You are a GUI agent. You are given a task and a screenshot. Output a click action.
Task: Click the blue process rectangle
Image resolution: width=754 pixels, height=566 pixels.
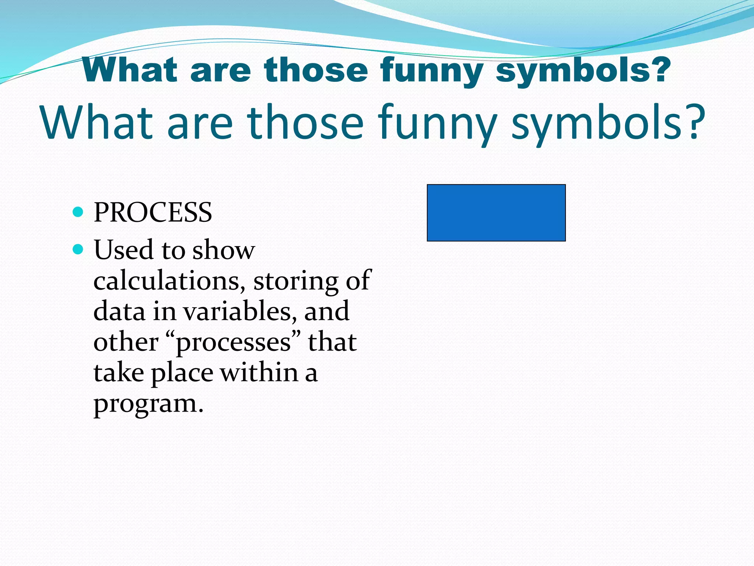pyautogui.click(x=496, y=213)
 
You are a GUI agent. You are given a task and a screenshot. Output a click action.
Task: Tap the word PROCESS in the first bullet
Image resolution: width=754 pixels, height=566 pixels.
pyautogui.click(x=153, y=213)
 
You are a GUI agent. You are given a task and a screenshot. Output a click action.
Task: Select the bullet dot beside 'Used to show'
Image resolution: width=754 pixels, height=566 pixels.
pyautogui.click(x=78, y=249)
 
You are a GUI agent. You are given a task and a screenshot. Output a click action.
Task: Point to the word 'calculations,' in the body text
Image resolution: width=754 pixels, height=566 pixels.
pyautogui.click(x=169, y=281)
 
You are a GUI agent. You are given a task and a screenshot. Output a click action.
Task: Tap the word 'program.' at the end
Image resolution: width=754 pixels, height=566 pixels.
pyautogui.click(x=148, y=405)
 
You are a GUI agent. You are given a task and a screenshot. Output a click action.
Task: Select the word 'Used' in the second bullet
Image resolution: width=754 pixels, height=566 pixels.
pyautogui.click(x=123, y=250)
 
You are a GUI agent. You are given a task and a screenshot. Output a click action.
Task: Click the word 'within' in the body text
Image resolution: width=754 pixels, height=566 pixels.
pyautogui.click(x=259, y=373)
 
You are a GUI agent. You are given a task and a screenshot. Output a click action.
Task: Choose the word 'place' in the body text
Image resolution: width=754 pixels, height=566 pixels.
pyautogui.click(x=182, y=373)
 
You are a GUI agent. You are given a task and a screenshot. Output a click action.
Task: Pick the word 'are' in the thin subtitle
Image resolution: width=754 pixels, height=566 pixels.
pyautogui.click(x=200, y=123)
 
